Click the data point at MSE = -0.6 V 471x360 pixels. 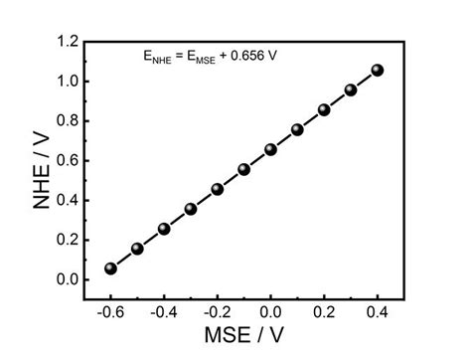[110, 269]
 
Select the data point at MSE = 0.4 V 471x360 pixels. [378, 71]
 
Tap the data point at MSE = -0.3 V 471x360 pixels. [191, 209]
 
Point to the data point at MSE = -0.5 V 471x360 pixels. [137, 249]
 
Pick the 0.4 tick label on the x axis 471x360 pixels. [378, 310]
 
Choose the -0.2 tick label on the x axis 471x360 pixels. [216, 310]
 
